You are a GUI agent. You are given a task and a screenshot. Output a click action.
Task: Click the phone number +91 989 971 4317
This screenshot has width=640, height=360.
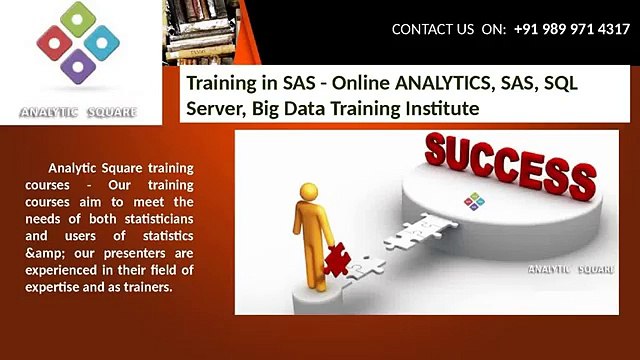[571, 29]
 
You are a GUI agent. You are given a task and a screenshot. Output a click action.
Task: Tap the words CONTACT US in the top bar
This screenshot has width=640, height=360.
[432, 29]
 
